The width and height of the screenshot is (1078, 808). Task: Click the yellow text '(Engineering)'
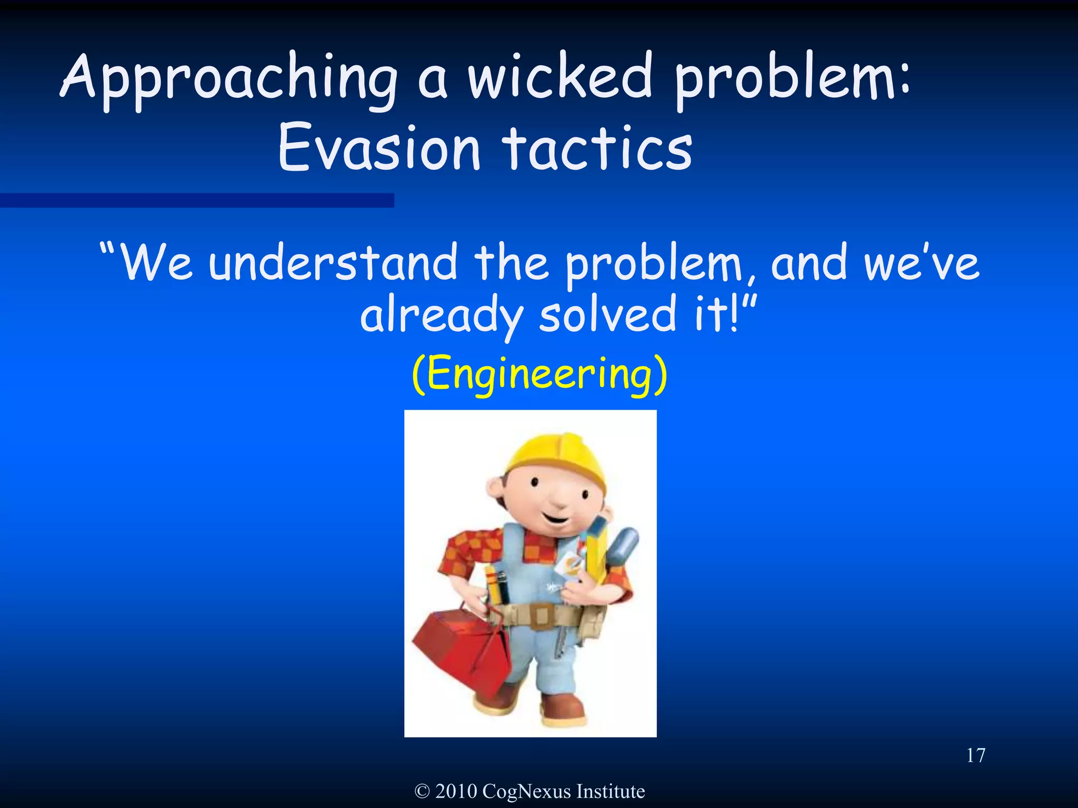[539, 374]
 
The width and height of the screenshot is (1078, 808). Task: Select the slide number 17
[975, 756]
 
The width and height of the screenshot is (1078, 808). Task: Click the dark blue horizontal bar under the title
[197, 200]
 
